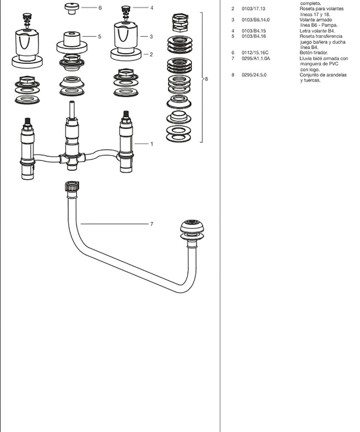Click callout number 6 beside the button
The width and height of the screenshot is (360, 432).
(100, 8)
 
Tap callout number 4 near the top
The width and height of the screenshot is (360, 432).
(151, 8)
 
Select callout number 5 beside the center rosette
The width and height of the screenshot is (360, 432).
(99, 37)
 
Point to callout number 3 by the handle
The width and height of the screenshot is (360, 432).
(151, 37)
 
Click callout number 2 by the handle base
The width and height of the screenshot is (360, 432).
(151, 55)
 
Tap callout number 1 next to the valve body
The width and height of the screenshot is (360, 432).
(151, 144)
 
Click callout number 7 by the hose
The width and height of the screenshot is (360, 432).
(151, 224)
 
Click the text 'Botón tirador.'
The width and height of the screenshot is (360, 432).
(314, 52)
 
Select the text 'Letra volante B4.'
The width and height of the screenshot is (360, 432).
(316, 31)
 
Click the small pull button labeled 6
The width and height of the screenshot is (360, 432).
(71, 7)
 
